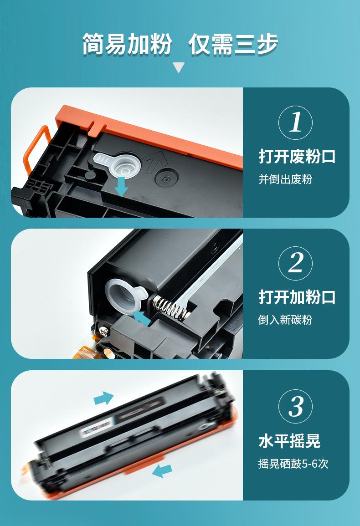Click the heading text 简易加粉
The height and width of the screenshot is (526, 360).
pos(127,44)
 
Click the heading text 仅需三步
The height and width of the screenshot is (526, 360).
pos(233,44)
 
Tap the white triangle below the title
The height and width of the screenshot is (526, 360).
pos(179,67)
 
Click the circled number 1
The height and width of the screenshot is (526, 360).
pos(296,123)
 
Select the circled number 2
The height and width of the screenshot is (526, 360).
pos(296,263)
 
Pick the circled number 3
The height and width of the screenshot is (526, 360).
pos(296,406)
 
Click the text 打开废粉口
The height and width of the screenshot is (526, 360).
pos(297,157)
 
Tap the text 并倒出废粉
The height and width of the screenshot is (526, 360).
pos(285,179)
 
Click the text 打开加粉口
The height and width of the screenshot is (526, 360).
pos(297,297)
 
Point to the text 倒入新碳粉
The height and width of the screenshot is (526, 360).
pos(285,320)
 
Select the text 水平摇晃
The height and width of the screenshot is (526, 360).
pos(289,441)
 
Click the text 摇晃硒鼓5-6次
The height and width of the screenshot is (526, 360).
pos(293,464)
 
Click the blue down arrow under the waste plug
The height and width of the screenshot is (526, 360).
pos(121,187)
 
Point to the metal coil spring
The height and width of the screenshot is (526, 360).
pos(171,307)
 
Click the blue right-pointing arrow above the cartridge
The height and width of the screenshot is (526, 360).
pos(103,398)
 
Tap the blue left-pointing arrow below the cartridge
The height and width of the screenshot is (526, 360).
pos(162,470)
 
